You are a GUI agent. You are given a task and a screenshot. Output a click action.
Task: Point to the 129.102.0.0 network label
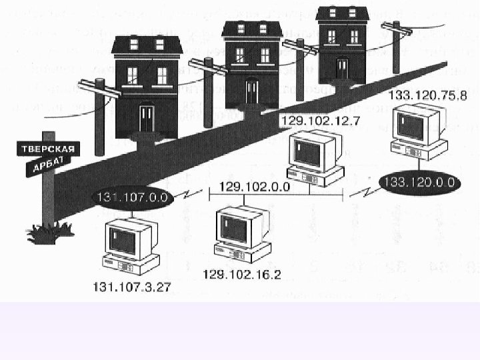pyautogui.click(x=254, y=187)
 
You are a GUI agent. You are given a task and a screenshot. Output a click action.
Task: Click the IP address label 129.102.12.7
pyautogui.click(x=313, y=121)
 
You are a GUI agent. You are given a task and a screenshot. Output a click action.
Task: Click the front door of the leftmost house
pyautogui.click(x=147, y=119)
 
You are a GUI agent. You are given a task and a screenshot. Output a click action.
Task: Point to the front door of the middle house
pyautogui.click(x=251, y=91)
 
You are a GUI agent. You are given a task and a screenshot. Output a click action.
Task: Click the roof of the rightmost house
pyautogui.click(x=342, y=13)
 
